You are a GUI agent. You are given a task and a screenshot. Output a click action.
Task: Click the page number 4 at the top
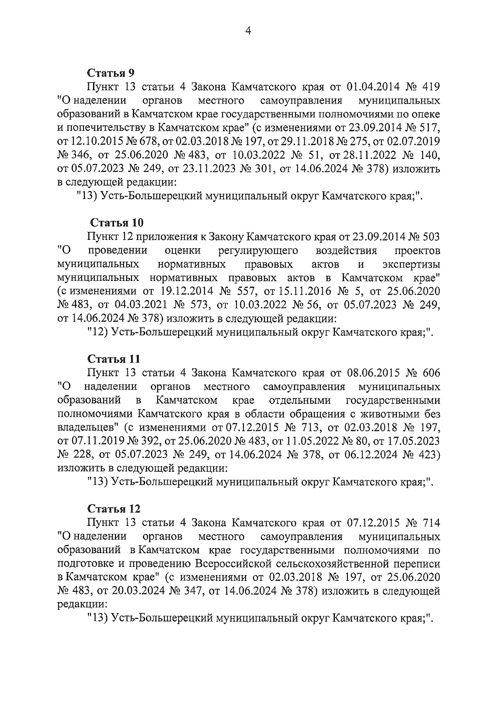click(x=248, y=31)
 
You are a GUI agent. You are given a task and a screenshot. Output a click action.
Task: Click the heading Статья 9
click(x=111, y=73)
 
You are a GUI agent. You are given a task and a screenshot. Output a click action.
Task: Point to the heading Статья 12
click(x=114, y=509)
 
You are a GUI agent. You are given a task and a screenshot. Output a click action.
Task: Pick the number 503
click(x=429, y=237)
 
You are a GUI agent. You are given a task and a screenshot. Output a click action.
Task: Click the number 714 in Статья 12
click(x=429, y=523)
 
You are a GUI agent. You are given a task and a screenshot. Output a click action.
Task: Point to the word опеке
click(x=425, y=114)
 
